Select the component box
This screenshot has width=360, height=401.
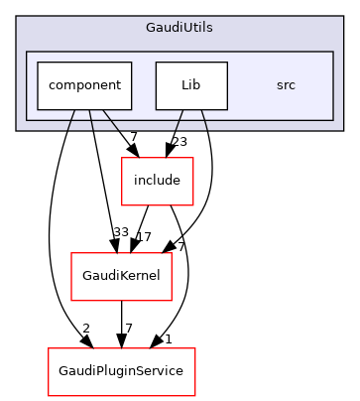pos(84,85)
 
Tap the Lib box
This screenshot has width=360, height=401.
pos(191,85)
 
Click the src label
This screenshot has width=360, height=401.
pos(286,85)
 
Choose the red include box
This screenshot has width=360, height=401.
pos(156,181)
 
